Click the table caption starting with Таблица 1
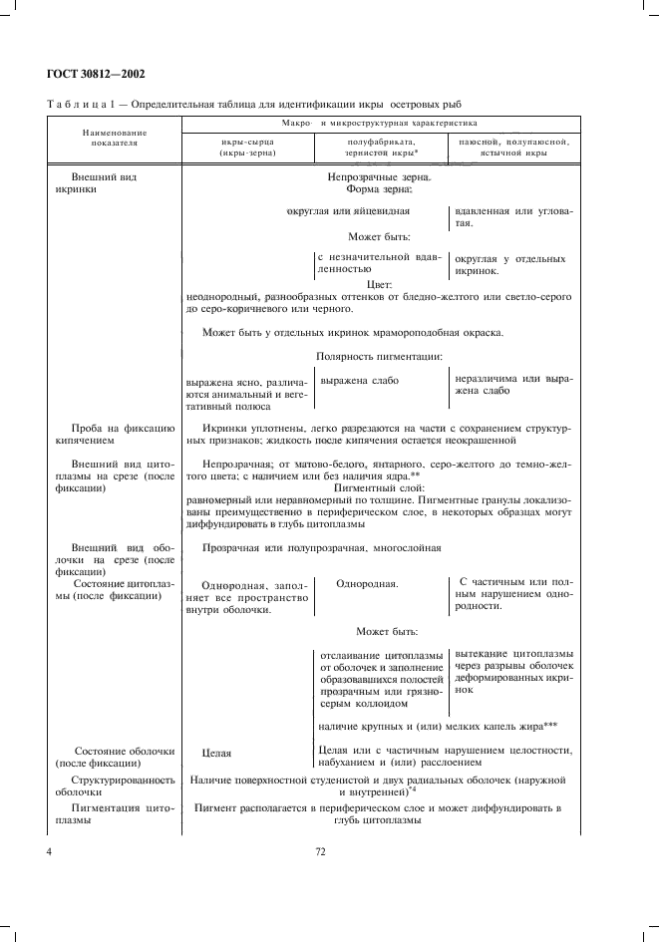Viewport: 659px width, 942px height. [254, 103]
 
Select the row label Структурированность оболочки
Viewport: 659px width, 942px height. [123, 785]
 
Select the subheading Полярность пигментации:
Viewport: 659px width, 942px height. [380, 356]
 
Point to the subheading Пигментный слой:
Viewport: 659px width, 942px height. [379, 488]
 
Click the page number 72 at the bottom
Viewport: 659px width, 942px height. [321, 852]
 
